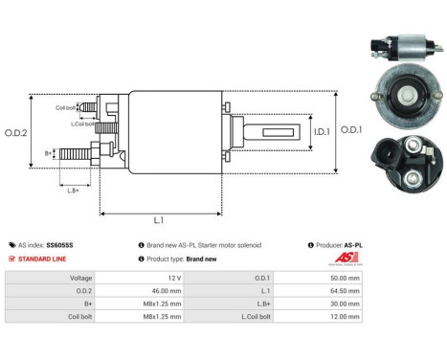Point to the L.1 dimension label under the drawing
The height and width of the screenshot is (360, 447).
[x=158, y=221]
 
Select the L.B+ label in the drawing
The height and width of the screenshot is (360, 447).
[x=73, y=191]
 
